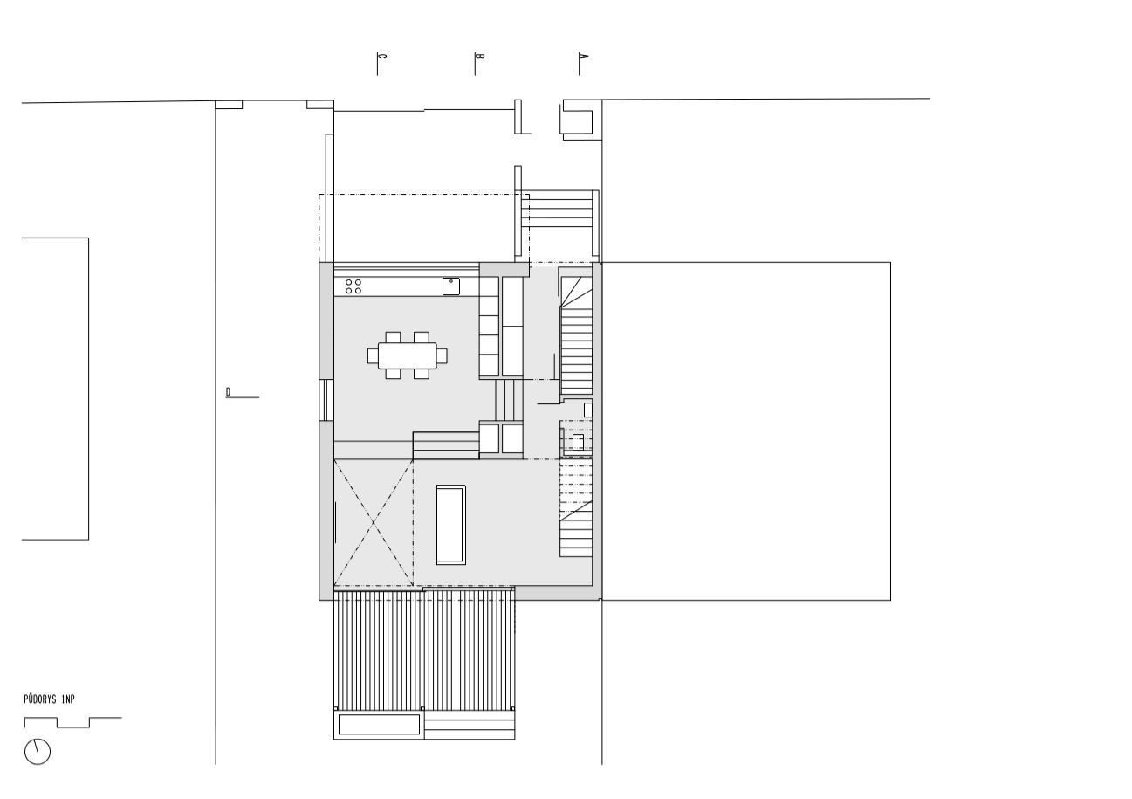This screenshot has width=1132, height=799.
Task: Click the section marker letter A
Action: pyautogui.click(x=584, y=56)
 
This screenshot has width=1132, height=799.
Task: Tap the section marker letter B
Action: pyautogui.click(x=480, y=56)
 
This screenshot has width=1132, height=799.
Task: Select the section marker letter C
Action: pyautogui.click(x=382, y=56)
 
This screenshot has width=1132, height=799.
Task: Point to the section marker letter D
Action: pyautogui.click(x=229, y=392)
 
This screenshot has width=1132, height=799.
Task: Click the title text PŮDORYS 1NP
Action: pyautogui.click(x=50, y=699)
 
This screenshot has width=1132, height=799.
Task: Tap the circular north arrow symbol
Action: pyautogui.click(x=38, y=752)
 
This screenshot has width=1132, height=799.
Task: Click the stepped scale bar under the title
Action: pyautogui.click(x=72, y=722)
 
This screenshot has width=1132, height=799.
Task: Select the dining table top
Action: pyautogui.click(x=408, y=356)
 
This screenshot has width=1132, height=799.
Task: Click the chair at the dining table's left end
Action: pyautogui.click(x=373, y=356)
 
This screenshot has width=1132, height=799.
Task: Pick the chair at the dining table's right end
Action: pyautogui.click(x=442, y=356)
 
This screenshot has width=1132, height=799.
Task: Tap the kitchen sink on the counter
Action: pyautogui.click(x=450, y=286)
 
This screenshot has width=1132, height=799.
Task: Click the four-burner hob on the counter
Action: pyautogui.click(x=353, y=286)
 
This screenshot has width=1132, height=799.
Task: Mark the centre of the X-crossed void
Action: pyautogui.click(x=374, y=523)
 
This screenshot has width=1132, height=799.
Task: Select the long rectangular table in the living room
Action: pyautogui.click(x=450, y=525)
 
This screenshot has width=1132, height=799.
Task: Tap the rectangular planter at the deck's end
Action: pyautogui.click(x=379, y=724)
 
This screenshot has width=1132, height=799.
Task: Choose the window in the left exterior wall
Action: pyautogui.click(x=326, y=400)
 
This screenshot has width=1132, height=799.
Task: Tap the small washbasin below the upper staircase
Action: pyautogui.click(x=578, y=442)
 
